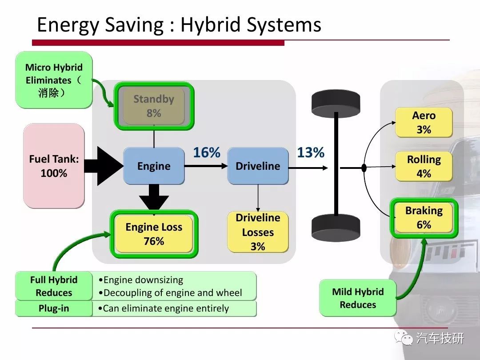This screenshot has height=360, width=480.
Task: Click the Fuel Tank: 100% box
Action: (x=54, y=166)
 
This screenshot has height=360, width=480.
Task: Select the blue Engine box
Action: (x=154, y=166)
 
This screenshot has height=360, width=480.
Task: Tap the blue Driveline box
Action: (x=258, y=166)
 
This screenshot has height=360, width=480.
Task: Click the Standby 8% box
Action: (x=154, y=106)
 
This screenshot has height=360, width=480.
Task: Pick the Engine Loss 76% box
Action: (x=154, y=234)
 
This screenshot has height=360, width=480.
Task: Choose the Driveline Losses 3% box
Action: (x=258, y=232)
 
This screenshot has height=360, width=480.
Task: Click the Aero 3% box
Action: (x=424, y=123)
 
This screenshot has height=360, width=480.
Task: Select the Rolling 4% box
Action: (x=424, y=166)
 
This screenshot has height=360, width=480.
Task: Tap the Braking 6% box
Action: (x=424, y=218)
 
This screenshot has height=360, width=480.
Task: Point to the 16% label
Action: (x=207, y=152)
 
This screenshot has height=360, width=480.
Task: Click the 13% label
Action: (x=311, y=152)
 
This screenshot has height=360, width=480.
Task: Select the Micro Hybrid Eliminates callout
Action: (x=54, y=80)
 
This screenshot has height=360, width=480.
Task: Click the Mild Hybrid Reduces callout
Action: (x=358, y=298)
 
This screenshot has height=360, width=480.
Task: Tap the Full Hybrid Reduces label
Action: (x=54, y=286)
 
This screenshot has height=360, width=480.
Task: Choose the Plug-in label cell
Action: (x=54, y=308)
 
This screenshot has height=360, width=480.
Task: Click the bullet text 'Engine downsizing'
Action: (x=141, y=280)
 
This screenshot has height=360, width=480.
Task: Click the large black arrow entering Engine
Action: (x=104, y=166)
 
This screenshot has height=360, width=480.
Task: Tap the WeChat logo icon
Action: (x=404, y=338)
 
